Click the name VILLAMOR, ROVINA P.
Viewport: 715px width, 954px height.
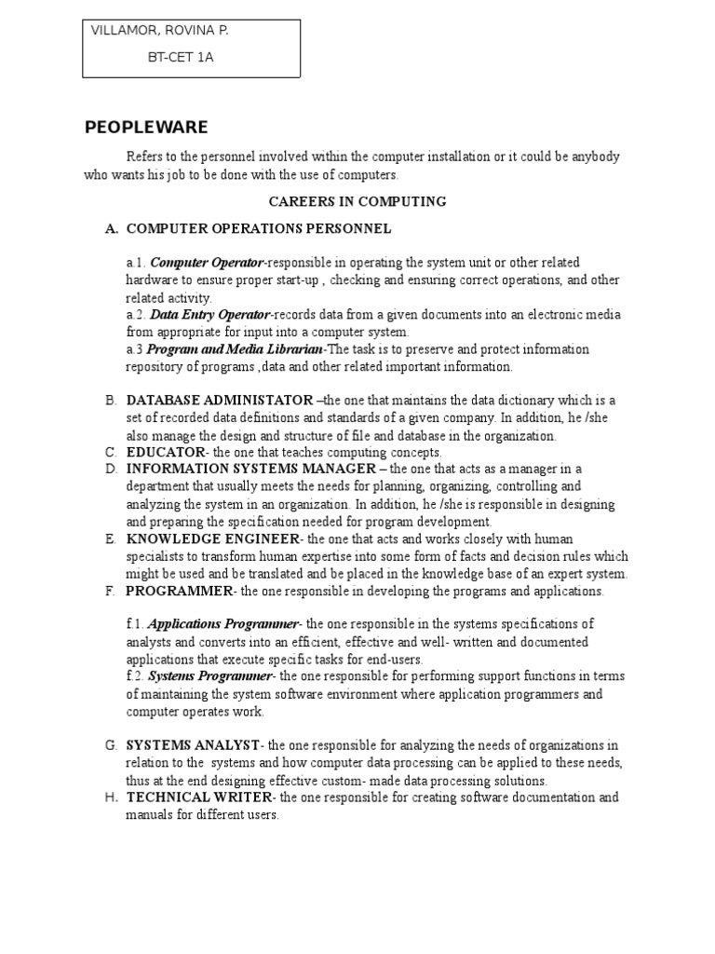click(159, 31)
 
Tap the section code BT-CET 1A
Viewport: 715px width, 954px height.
click(181, 57)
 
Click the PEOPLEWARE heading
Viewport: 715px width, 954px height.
click(146, 128)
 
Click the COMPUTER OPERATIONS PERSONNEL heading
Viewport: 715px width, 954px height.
click(259, 228)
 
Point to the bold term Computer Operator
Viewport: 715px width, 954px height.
click(207, 263)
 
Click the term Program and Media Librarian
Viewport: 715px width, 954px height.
click(235, 349)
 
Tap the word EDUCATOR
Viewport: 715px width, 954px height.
click(165, 453)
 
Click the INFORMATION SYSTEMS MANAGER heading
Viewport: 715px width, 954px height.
click(251, 469)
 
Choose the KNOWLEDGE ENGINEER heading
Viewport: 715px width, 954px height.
click(213, 539)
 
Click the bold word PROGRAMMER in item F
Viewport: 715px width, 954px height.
click(178, 592)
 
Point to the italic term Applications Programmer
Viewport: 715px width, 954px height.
click(223, 624)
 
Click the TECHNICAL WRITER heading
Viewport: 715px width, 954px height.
click(199, 797)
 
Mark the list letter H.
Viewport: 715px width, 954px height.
click(110, 797)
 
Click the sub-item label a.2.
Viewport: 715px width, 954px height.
click(136, 315)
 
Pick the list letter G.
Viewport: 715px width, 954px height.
click(110, 745)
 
